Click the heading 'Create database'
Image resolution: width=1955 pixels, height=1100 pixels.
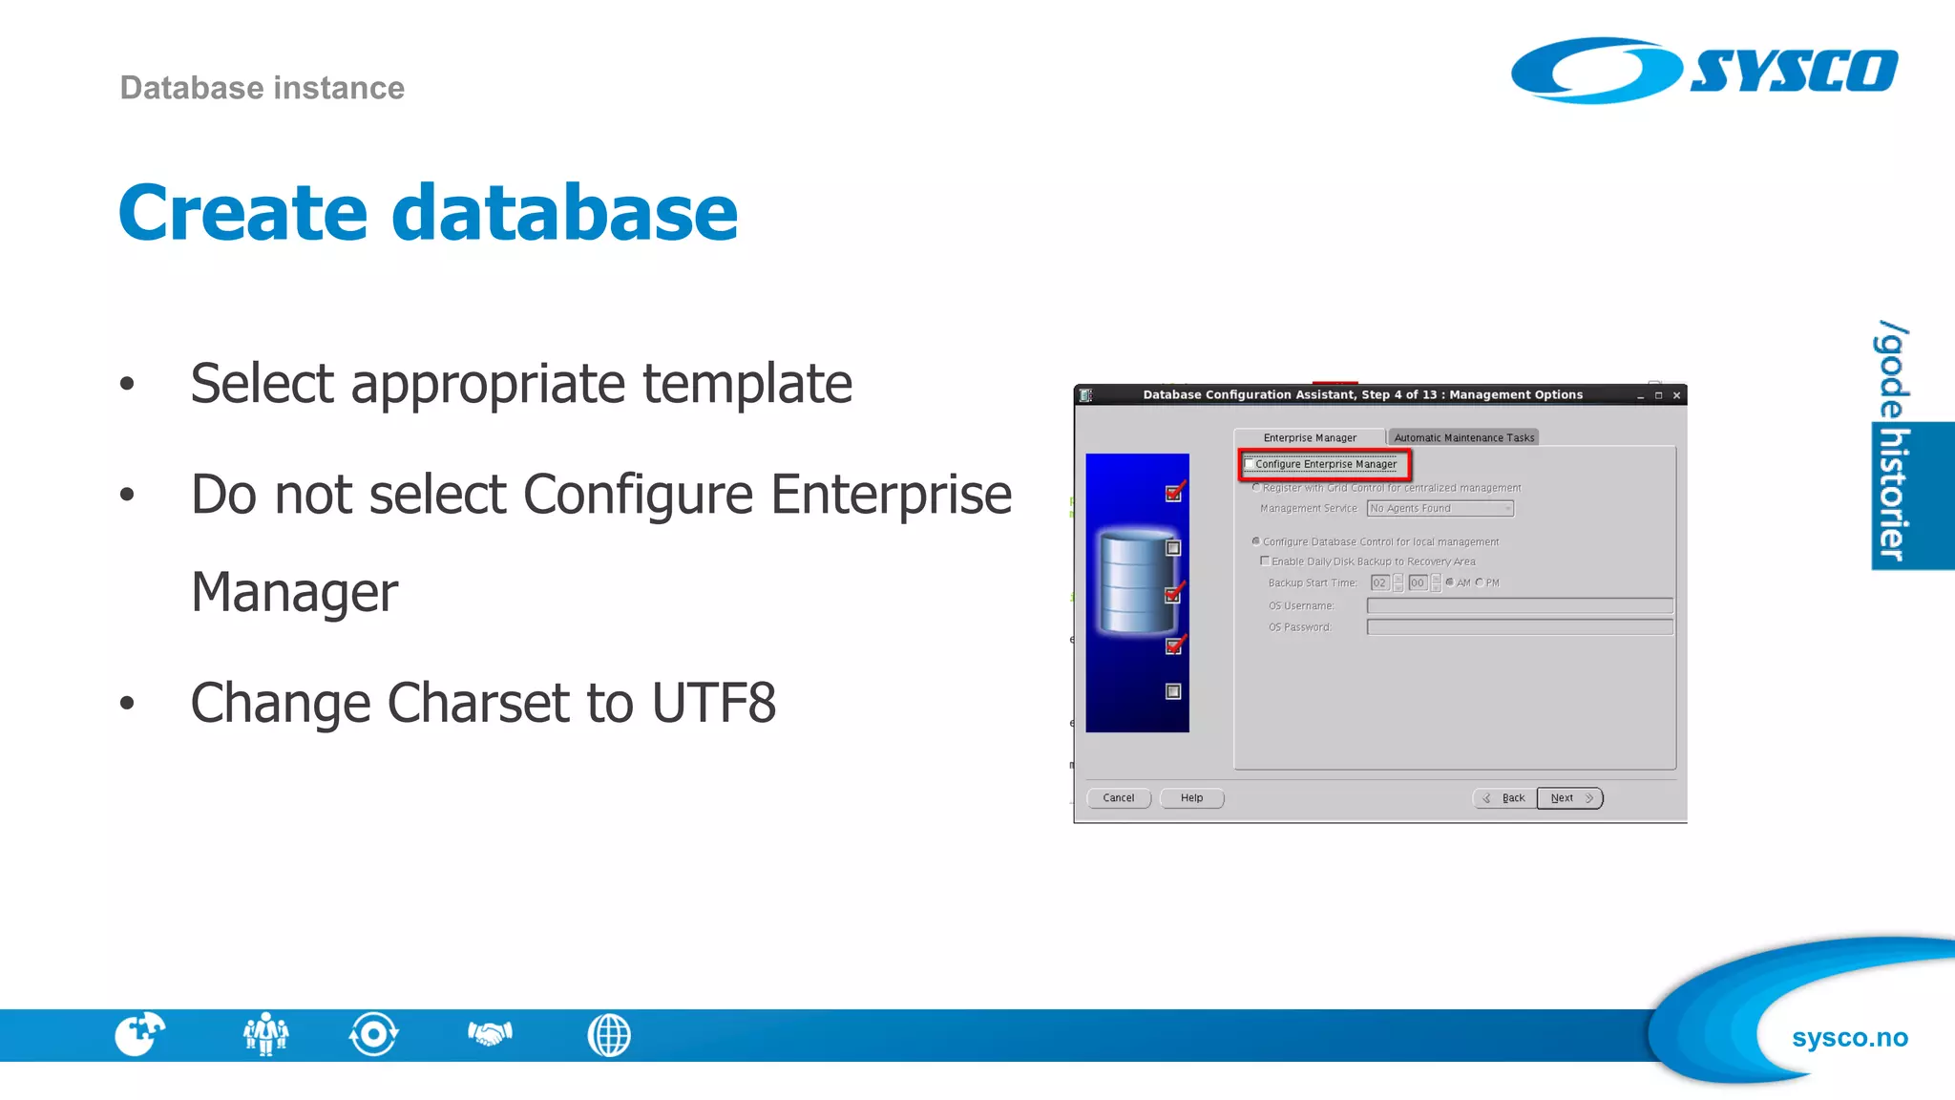coord(428,212)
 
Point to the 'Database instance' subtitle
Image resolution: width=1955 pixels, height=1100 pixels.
coord(262,88)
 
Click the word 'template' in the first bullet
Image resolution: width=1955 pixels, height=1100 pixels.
coord(746,384)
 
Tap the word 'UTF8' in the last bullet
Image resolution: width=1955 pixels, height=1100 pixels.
coord(713,704)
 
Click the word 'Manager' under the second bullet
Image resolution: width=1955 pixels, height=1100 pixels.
coord(294,593)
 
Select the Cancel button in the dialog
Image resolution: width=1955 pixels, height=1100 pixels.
coord(1118,798)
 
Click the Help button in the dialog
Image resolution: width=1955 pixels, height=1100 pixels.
coord(1191,798)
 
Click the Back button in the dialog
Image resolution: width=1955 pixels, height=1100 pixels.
coord(1505,798)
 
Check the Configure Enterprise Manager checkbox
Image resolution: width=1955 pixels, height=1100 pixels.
coord(1250,464)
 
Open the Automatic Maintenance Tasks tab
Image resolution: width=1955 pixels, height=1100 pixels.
coord(1463,437)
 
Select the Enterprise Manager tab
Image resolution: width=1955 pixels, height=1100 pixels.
coord(1309,437)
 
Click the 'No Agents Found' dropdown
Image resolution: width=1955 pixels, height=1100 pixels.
coord(1440,508)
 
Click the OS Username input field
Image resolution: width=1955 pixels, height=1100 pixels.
coord(1519,605)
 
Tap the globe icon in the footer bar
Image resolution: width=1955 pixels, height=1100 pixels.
coord(609,1035)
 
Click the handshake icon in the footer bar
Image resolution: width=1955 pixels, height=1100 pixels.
coord(490,1034)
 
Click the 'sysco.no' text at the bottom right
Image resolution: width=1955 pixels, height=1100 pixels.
coord(1849,1038)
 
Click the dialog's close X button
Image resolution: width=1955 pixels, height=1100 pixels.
coord(1676,395)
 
